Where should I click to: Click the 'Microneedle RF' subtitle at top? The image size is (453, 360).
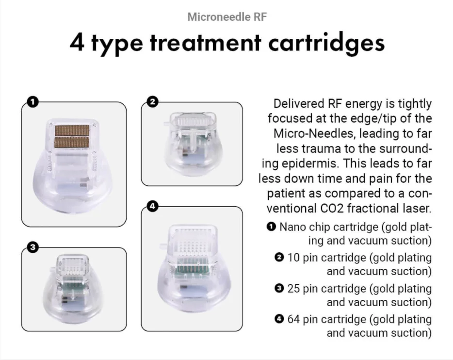(227, 17)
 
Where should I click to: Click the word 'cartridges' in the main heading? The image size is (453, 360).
(326, 43)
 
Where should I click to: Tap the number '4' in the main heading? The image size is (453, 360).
(77, 43)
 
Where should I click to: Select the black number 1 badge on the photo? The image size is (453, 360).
(33, 102)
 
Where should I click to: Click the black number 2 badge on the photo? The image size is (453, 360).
(153, 102)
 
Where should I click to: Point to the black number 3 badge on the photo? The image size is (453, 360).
(32, 247)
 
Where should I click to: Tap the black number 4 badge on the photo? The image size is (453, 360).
(153, 206)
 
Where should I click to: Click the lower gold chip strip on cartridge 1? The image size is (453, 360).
(72, 141)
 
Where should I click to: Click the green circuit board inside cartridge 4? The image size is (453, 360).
(193, 266)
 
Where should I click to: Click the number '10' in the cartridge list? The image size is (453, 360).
(293, 258)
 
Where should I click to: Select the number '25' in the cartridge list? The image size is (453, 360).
(293, 288)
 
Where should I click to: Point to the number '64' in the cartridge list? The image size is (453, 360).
(293, 319)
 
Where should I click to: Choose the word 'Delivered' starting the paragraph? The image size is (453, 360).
(298, 103)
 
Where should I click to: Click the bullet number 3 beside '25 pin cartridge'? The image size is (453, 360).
(279, 288)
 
